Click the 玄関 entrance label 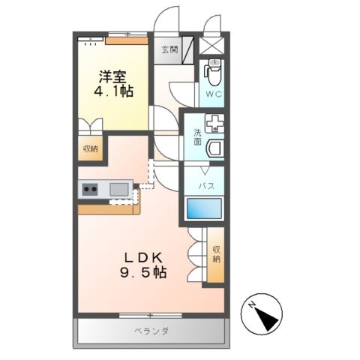coord(169,50)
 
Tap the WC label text coord(214,94)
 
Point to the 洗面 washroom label coord(197,137)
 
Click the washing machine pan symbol coord(214,123)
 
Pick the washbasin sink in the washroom coord(215,148)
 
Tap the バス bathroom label coord(206,186)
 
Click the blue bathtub coord(205,208)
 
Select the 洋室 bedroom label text coord(112,76)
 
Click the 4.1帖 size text coord(113,91)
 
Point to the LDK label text coord(144,258)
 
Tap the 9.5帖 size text coord(143,272)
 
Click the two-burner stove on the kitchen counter coord(90,189)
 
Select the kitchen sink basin coord(119,189)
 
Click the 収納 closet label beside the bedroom coord(91,149)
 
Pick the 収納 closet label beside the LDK coord(217,254)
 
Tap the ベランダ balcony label coord(151,331)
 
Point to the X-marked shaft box coord(212,46)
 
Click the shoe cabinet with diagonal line coord(187,50)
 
